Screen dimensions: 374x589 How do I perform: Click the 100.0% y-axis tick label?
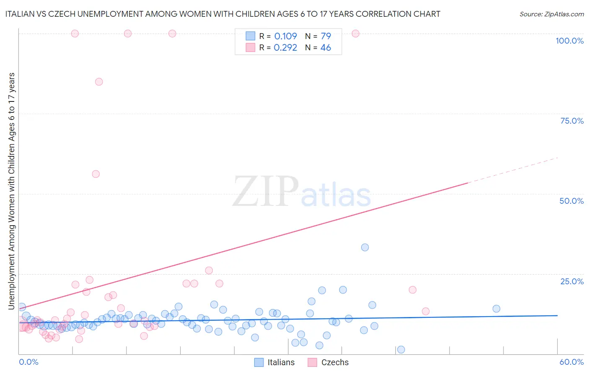[569, 41]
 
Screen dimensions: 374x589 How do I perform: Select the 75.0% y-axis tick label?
[572, 121]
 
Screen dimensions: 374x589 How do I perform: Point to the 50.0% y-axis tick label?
[571, 201]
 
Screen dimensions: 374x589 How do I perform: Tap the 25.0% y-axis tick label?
[572, 281]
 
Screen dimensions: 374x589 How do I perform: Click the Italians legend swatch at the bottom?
[259, 362]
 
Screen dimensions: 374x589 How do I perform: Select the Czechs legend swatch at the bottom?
[312, 362]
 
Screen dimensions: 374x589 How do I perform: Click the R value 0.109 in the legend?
[285, 36]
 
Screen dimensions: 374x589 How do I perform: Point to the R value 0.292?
[285, 48]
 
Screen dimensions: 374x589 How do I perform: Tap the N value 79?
[325, 36]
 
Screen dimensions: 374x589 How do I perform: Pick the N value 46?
[325, 48]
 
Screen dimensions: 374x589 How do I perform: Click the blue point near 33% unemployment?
[365, 247]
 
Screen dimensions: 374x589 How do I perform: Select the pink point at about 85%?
[99, 82]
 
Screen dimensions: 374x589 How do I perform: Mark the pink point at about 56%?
[96, 174]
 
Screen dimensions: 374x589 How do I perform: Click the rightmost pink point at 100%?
[355, 34]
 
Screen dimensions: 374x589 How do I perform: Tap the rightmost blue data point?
[496, 309]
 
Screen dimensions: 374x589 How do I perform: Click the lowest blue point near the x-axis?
[401, 350]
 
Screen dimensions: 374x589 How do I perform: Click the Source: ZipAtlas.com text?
[551, 14]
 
